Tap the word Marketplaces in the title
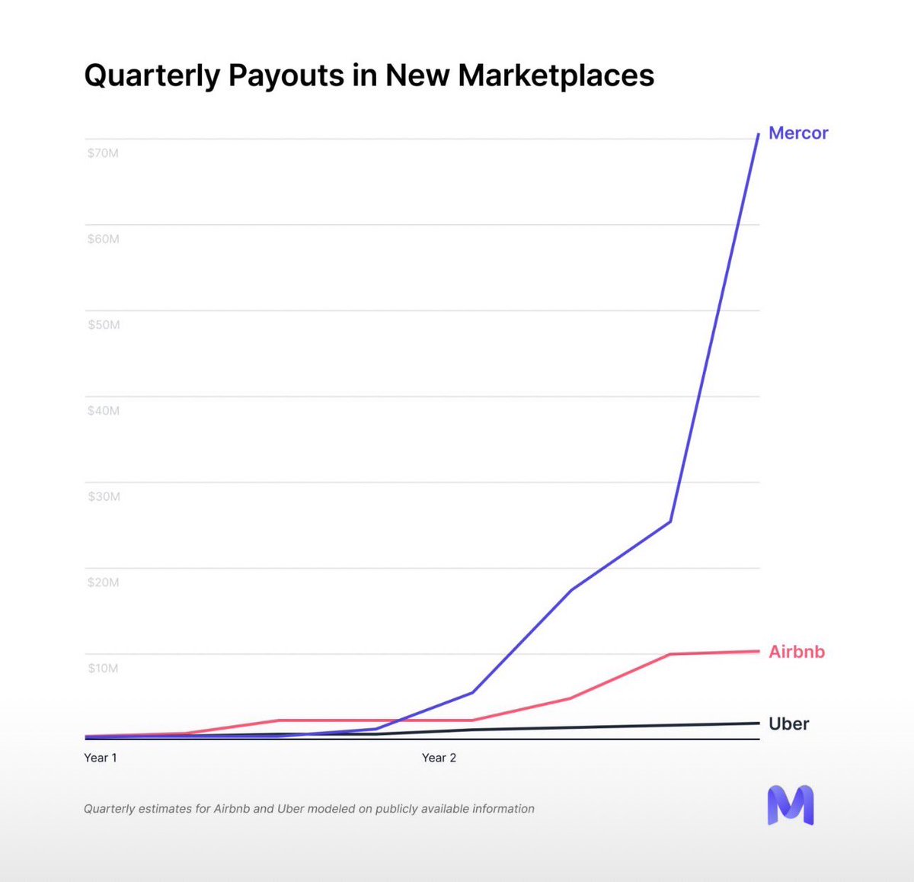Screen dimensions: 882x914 pyautogui.click(x=555, y=75)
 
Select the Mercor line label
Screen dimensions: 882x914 pyautogui.click(x=797, y=133)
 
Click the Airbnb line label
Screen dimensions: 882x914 pyautogui.click(x=796, y=652)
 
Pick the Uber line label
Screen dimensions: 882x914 pyautogui.click(x=788, y=723)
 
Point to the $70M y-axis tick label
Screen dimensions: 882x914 pyautogui.click(x=103, y=153)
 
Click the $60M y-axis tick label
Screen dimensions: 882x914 pyautogui.click(x=103, y=239)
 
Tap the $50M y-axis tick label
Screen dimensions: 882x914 pyautogui.click(x=103, y=325)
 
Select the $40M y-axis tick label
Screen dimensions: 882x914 pyautogui.click(x=103, y=411)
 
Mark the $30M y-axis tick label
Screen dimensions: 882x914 pyautogui.click(x=103, y=496)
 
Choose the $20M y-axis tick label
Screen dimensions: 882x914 pyautogui.click(x=103, y=582)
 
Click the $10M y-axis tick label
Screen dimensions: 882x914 pyautogui.click(x=103, y=669)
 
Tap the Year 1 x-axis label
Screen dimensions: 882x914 pyautogui.click(x=101, y=758)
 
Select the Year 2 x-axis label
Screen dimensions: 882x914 pyautogui.click(x=439, y=758)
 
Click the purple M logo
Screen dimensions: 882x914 pyautogui.click(x=790, y=805)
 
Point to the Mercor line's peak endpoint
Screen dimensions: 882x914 pyautogui.click(x=759, y=134)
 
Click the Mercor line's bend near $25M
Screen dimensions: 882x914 pyautogui.click(x=670, y=521)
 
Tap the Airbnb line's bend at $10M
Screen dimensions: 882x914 pyautogui.click(x=670, y=654)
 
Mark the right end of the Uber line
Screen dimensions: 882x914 pyautogui.click(x=759, y=723)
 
